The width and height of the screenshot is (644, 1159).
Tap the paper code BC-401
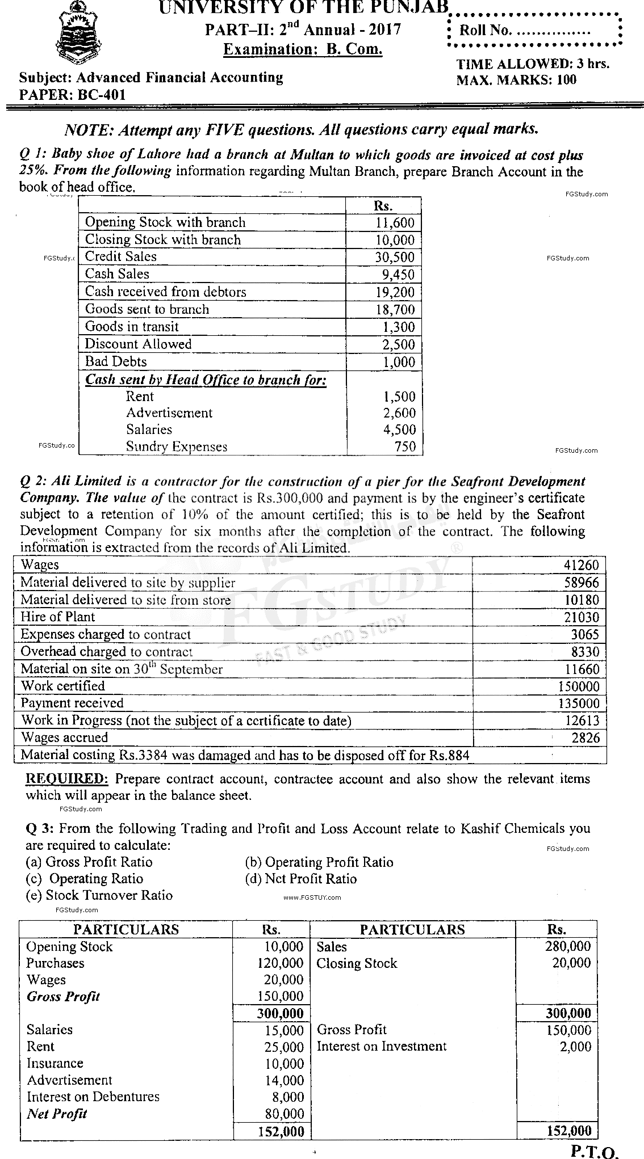point(103,94)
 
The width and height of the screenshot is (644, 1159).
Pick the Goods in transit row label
point(132,327)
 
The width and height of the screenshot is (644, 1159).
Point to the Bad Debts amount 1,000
point(399,362)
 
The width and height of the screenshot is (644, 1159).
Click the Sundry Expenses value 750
point(405,446)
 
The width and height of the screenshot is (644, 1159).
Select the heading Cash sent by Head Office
point(206,380)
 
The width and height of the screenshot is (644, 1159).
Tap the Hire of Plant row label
point(58,617)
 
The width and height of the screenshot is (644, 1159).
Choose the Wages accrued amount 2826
point(586,738)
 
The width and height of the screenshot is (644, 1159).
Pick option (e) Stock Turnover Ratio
point(99,895)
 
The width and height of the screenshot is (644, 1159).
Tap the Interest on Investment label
point(382,1046)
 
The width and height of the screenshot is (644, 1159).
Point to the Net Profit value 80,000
point(285,1114)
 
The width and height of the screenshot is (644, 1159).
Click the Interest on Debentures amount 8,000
point(288,1097)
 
